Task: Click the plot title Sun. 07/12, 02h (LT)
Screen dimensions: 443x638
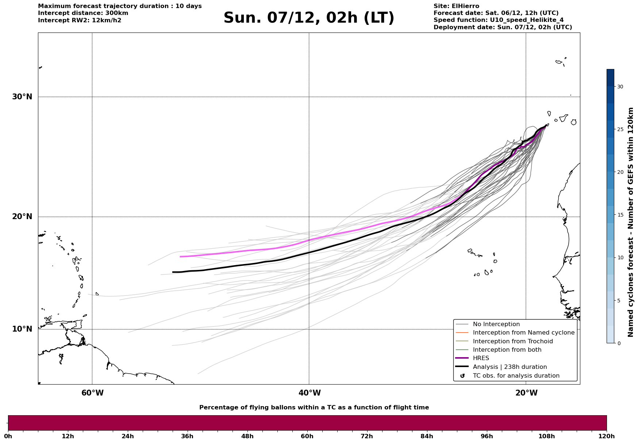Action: point(309,18)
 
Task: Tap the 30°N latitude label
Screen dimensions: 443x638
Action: point(22,97)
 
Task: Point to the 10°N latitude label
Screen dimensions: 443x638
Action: point(22,329)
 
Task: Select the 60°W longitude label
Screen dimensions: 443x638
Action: point(92,393)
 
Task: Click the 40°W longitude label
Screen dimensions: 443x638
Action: point(310,393)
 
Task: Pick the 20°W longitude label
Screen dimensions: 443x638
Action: point(526,393)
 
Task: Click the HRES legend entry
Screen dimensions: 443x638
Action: point(481,358)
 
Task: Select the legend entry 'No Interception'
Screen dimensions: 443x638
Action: point(496,324)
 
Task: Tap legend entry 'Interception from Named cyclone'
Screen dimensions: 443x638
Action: point(523,333)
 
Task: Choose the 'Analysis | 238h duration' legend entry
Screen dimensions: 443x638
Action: point(510,367)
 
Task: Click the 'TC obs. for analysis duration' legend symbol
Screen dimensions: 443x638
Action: point(462,376)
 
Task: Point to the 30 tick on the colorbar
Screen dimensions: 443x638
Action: point(620,87)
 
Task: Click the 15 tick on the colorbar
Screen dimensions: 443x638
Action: point(620,215)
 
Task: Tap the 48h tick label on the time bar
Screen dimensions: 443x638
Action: point(247,436)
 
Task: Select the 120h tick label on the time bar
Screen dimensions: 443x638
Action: point(606,436)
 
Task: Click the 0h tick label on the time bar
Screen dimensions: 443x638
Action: point(8,436)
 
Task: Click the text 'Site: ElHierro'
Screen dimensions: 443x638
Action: point(456,6)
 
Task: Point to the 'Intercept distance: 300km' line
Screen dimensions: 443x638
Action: point(83,13)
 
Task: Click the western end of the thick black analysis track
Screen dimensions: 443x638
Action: point(173,272)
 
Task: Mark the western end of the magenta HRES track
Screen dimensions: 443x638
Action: point(180,257)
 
